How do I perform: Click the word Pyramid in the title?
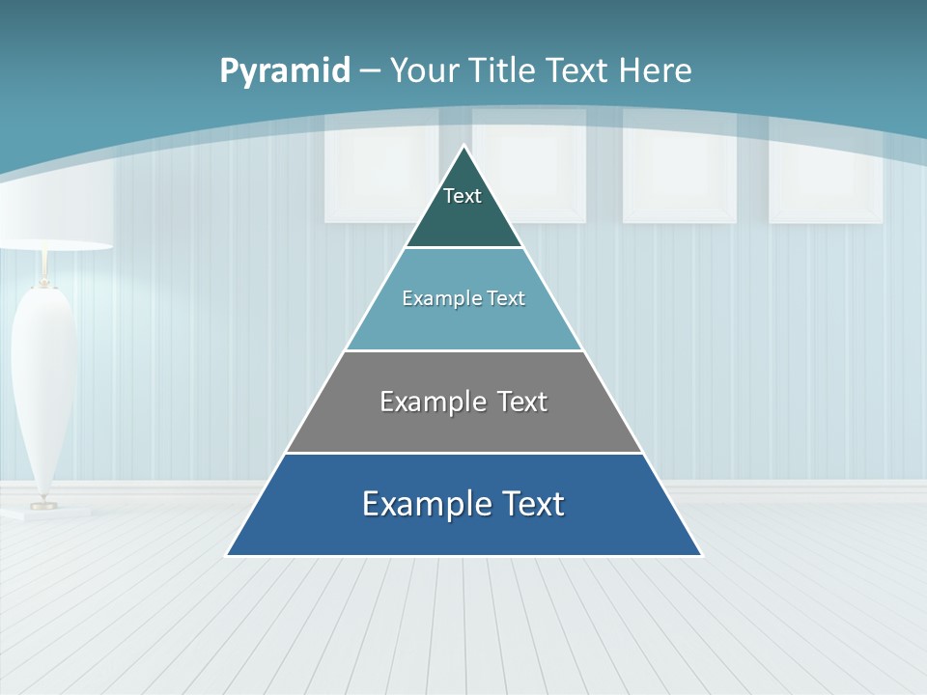285,71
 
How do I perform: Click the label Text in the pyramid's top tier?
463,196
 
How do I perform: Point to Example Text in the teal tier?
463,298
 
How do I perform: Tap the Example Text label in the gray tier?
463,402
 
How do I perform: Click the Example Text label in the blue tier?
463,504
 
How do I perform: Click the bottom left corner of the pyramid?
228,555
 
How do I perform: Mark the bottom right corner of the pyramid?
700,555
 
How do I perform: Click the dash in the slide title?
370,71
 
